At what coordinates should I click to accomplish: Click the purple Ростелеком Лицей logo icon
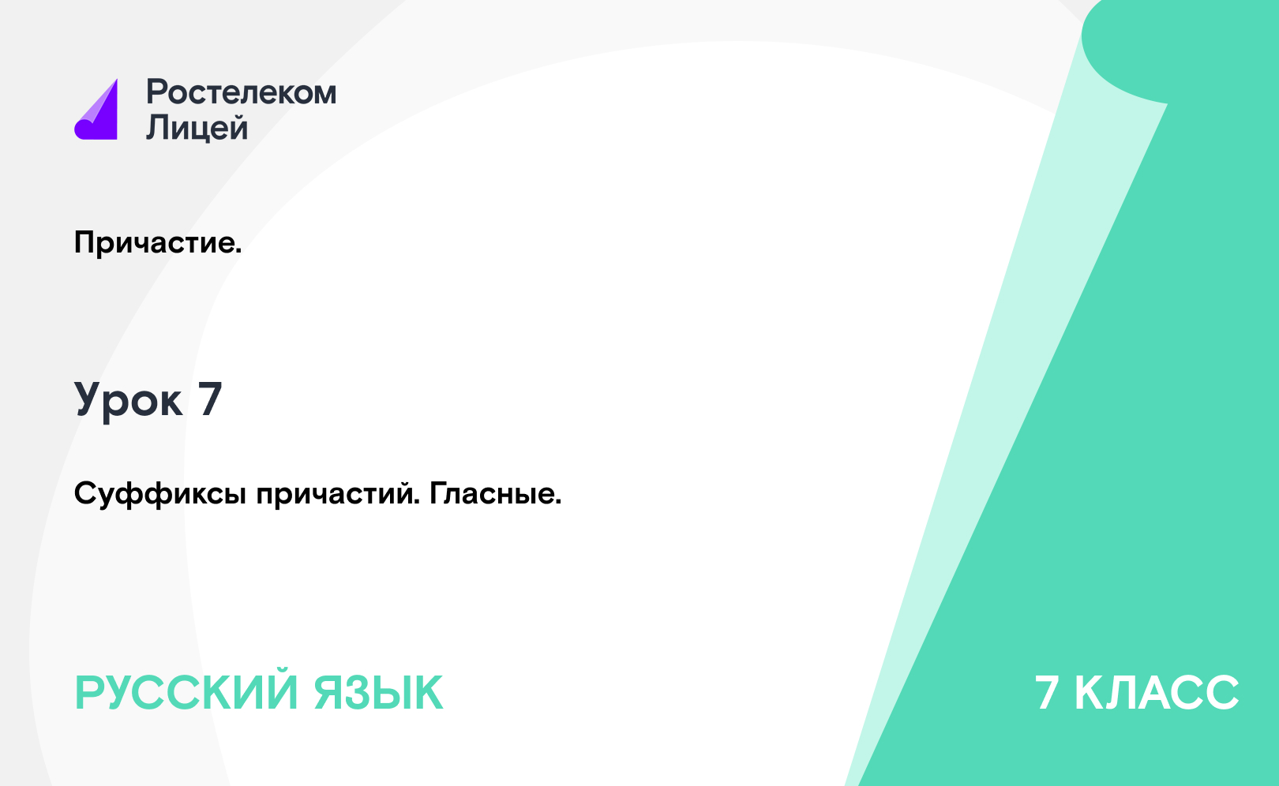[x=96, y=110]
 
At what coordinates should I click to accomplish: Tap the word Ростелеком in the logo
[x=241, y=92]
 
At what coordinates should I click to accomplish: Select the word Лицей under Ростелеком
[x=197, y=126]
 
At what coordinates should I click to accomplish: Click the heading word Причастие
[x=154, y=243]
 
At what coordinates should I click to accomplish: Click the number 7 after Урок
[x=210, y=399]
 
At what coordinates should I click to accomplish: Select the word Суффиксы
[x=159, y=494]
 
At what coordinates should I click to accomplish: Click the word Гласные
[x=492, y=493]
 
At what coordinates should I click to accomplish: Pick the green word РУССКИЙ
[x=186, y=693]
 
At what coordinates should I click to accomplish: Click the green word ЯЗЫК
[x=378, y=693]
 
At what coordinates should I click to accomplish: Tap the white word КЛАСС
[x=1157, y=693]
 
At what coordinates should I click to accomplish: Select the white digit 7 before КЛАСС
[x=1047, y=693]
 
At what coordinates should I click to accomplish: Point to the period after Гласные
[x=558, y=502]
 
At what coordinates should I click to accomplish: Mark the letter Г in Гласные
[x=439, y=493]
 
